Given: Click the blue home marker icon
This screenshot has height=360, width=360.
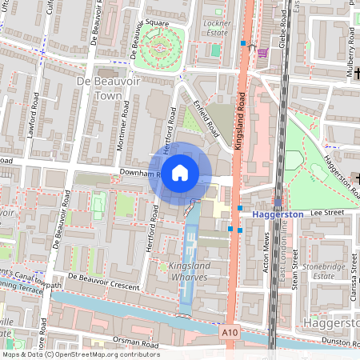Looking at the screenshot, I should point(180,172).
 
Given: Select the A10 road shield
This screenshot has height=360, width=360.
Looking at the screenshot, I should point(230,331).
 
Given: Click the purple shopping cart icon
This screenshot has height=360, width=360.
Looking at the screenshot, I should point(262,54).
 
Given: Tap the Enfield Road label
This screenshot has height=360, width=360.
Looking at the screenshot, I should point(206,116).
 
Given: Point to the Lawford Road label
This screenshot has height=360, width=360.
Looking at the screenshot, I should point(34,127).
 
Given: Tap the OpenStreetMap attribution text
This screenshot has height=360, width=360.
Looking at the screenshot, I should point(80,354).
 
